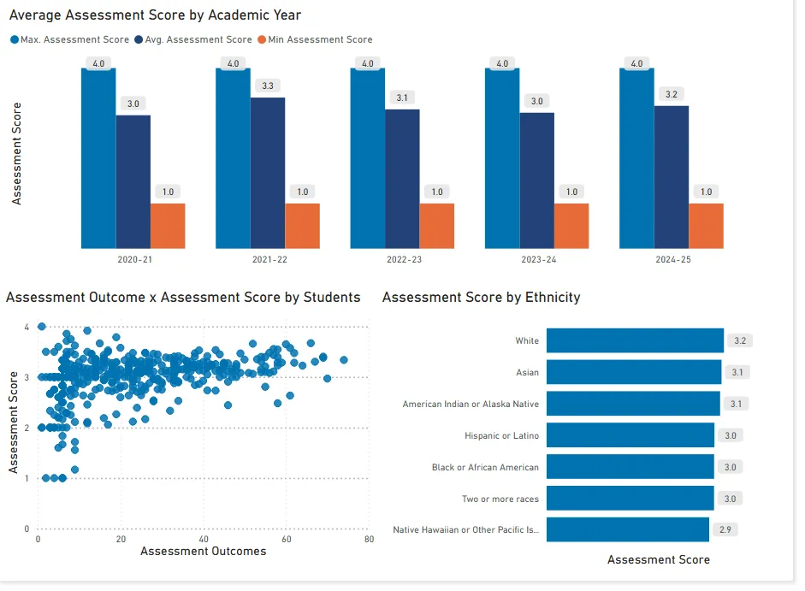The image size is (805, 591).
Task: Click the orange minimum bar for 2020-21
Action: point(168,226)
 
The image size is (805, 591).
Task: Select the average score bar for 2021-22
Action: point(268,173)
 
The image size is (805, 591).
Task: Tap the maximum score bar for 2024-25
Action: point(636,158)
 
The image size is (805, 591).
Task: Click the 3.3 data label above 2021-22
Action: point(268,86)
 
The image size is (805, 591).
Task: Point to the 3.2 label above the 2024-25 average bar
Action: point(672,94)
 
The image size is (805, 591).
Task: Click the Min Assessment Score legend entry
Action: point(320,39)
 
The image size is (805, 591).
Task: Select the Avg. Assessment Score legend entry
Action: point(198,39)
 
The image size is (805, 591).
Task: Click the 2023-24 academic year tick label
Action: point(538,259)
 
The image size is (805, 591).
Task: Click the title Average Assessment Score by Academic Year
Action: point(155,15)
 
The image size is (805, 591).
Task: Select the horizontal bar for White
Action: point(635,340)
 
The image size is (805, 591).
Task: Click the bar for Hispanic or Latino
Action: point(630,435)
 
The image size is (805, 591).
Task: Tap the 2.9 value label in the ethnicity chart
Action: point(725,529)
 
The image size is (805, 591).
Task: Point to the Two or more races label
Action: point(500,499)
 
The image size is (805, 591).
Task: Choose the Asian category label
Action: point(527,372)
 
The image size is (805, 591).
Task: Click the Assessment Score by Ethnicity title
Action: point(481,297)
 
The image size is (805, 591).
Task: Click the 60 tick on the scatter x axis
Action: point(286,540)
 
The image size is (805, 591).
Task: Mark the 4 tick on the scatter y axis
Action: point(27,327)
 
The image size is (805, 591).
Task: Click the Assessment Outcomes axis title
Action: point(203,552)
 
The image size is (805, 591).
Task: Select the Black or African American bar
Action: point(630,467)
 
